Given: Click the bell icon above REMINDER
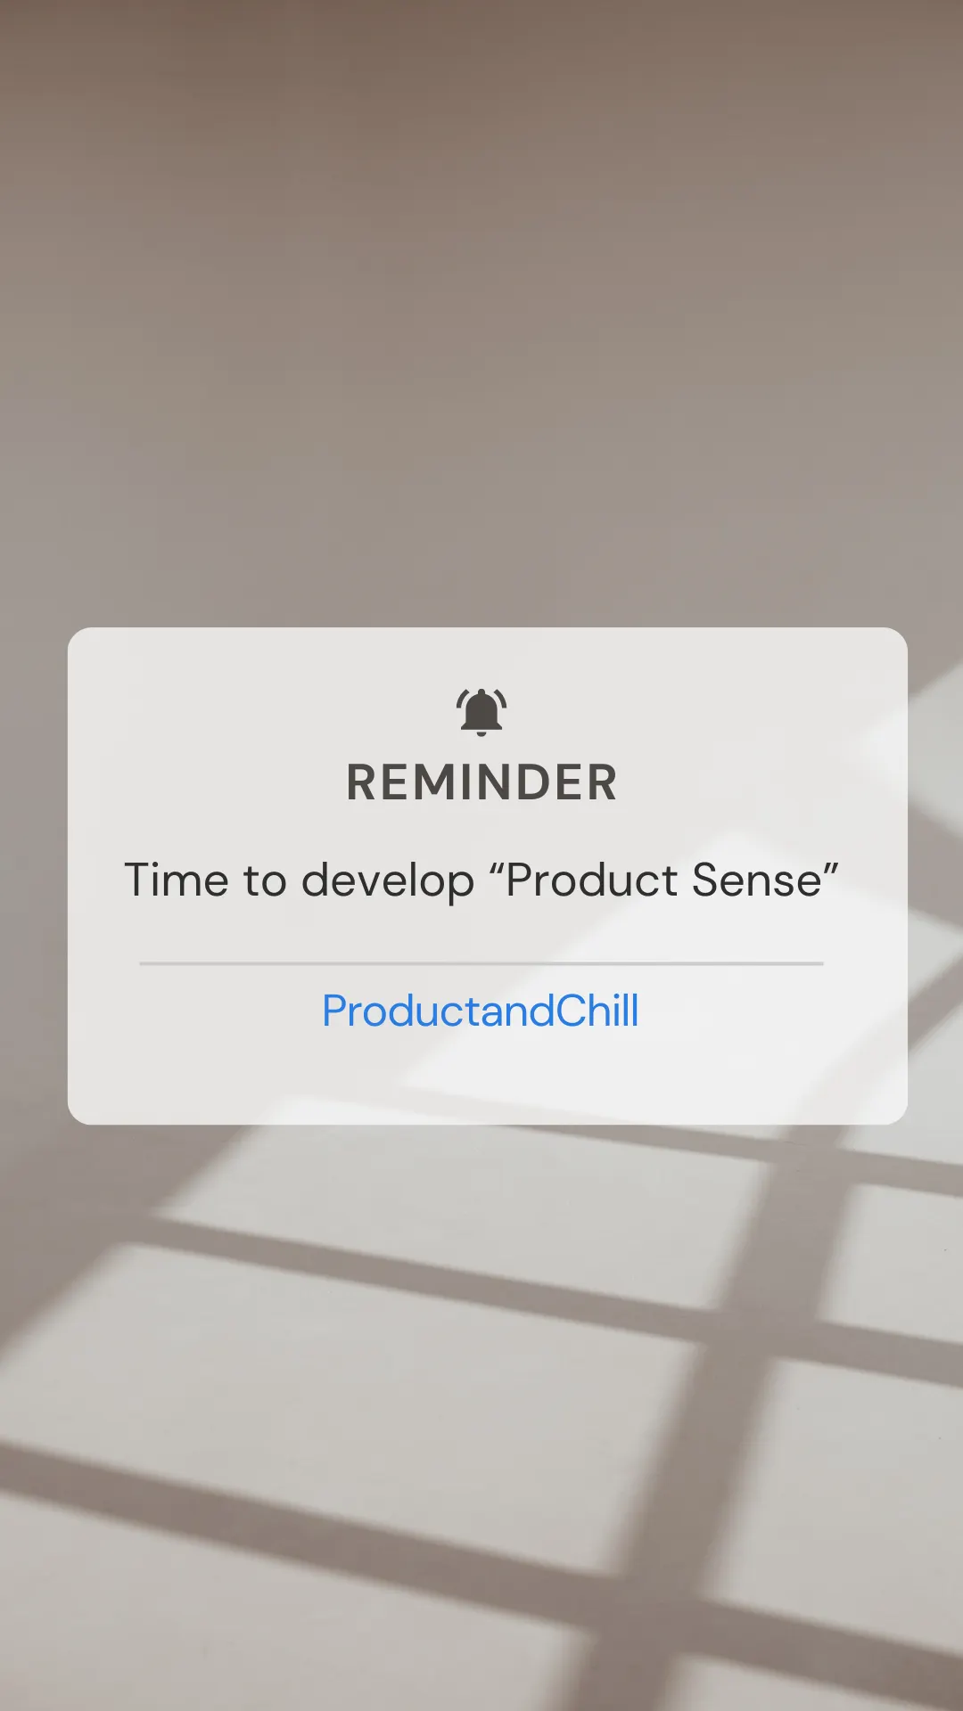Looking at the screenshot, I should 481,710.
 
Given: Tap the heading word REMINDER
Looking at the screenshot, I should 481,782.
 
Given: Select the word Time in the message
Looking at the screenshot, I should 177,880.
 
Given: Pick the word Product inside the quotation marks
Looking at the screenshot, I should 592,880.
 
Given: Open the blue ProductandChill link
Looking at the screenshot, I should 481,1011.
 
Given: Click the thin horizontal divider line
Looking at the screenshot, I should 481,963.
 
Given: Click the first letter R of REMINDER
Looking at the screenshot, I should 362,782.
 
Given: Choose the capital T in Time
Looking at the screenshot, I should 140,880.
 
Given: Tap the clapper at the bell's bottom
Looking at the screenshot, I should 481,733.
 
